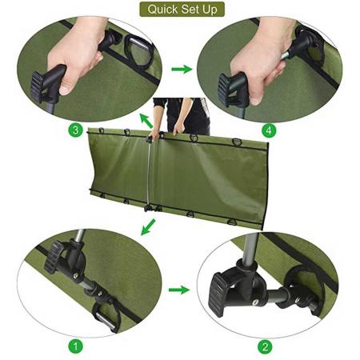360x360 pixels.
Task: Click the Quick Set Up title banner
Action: point(182,10)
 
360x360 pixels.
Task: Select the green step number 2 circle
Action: point(265,346)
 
